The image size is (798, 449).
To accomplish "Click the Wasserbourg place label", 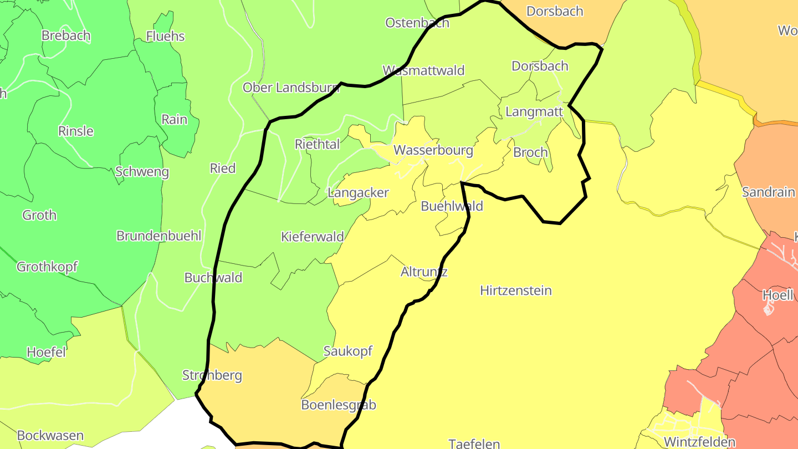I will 433,150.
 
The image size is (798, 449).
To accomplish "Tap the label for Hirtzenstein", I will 516,290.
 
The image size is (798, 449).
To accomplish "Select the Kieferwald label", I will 313,237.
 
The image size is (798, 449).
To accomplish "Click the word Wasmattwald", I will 423,70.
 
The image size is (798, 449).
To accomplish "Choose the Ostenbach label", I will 417,23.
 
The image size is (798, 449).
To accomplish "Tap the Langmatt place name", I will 534,111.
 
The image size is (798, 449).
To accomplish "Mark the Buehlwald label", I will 452,206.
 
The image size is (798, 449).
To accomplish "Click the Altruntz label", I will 424,272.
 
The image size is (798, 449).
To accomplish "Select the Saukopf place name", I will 348,351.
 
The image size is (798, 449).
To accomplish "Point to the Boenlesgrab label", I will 339,405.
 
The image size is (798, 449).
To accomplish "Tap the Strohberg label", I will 212,375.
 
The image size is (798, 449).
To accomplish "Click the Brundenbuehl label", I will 158,236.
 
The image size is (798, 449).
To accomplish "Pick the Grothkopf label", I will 47,267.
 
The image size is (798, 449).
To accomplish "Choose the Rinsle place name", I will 76,131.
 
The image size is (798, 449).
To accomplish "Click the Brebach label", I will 66,35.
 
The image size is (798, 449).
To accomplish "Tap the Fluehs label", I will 165,37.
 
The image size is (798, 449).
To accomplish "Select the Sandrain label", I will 769,192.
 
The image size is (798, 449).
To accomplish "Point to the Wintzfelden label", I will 699,442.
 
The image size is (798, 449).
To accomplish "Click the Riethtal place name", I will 318,144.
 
